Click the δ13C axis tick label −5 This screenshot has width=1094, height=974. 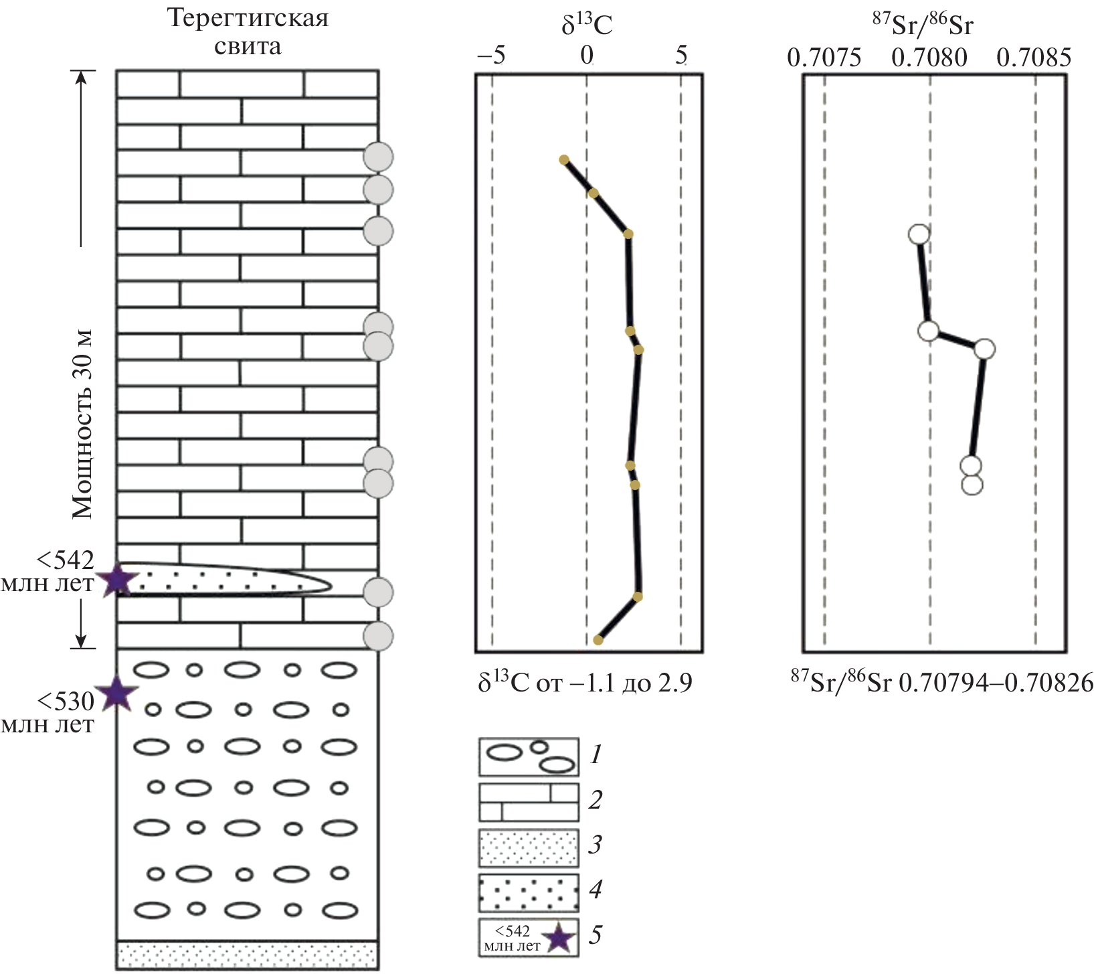coord(491,56)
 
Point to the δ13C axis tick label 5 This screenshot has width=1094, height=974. coord(681,55)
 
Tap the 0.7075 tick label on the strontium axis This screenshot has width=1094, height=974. coord(824,58)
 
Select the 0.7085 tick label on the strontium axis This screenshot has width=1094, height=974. coord(1034,58)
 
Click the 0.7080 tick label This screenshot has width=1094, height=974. coord(929,58)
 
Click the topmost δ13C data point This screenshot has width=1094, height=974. coord(564,159)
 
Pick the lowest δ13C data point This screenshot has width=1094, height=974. coord(598,640)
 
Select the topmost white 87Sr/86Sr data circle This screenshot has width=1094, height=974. coord(919,234)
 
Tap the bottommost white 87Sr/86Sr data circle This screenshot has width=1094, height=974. coord(972,484)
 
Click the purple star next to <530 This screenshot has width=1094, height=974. coord(117,694)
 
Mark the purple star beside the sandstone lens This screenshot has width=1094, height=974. coord(118,579)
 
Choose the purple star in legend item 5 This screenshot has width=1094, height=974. coord(559,937)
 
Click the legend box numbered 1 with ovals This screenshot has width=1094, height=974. coord(528,756)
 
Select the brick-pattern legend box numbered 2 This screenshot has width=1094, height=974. coord(528,802)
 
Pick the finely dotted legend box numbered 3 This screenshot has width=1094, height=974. coord(528,847)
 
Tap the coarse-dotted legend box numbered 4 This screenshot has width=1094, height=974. coord(528,892)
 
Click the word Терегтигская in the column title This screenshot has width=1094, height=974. coord(248,18)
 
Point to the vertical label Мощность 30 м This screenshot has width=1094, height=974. coord(83,424)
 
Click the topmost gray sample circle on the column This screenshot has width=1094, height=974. coord(378,157)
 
